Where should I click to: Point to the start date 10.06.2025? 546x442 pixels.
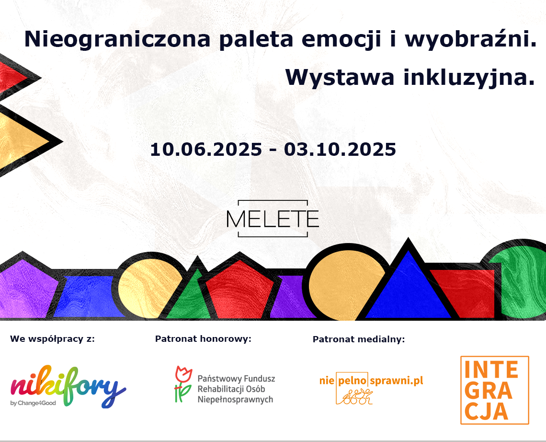coord(206,149)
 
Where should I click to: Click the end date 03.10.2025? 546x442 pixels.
coord(340,149)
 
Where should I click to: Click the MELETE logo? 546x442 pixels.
coord(273,219)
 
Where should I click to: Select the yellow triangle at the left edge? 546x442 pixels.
coord(19,140)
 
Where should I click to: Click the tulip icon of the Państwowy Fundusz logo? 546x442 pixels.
coord(182,384)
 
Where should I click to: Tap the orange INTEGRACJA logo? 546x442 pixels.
coord(495,390)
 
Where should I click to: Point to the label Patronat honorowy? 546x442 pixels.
coord(203,339)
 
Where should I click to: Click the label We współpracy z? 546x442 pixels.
coord(52,339)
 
